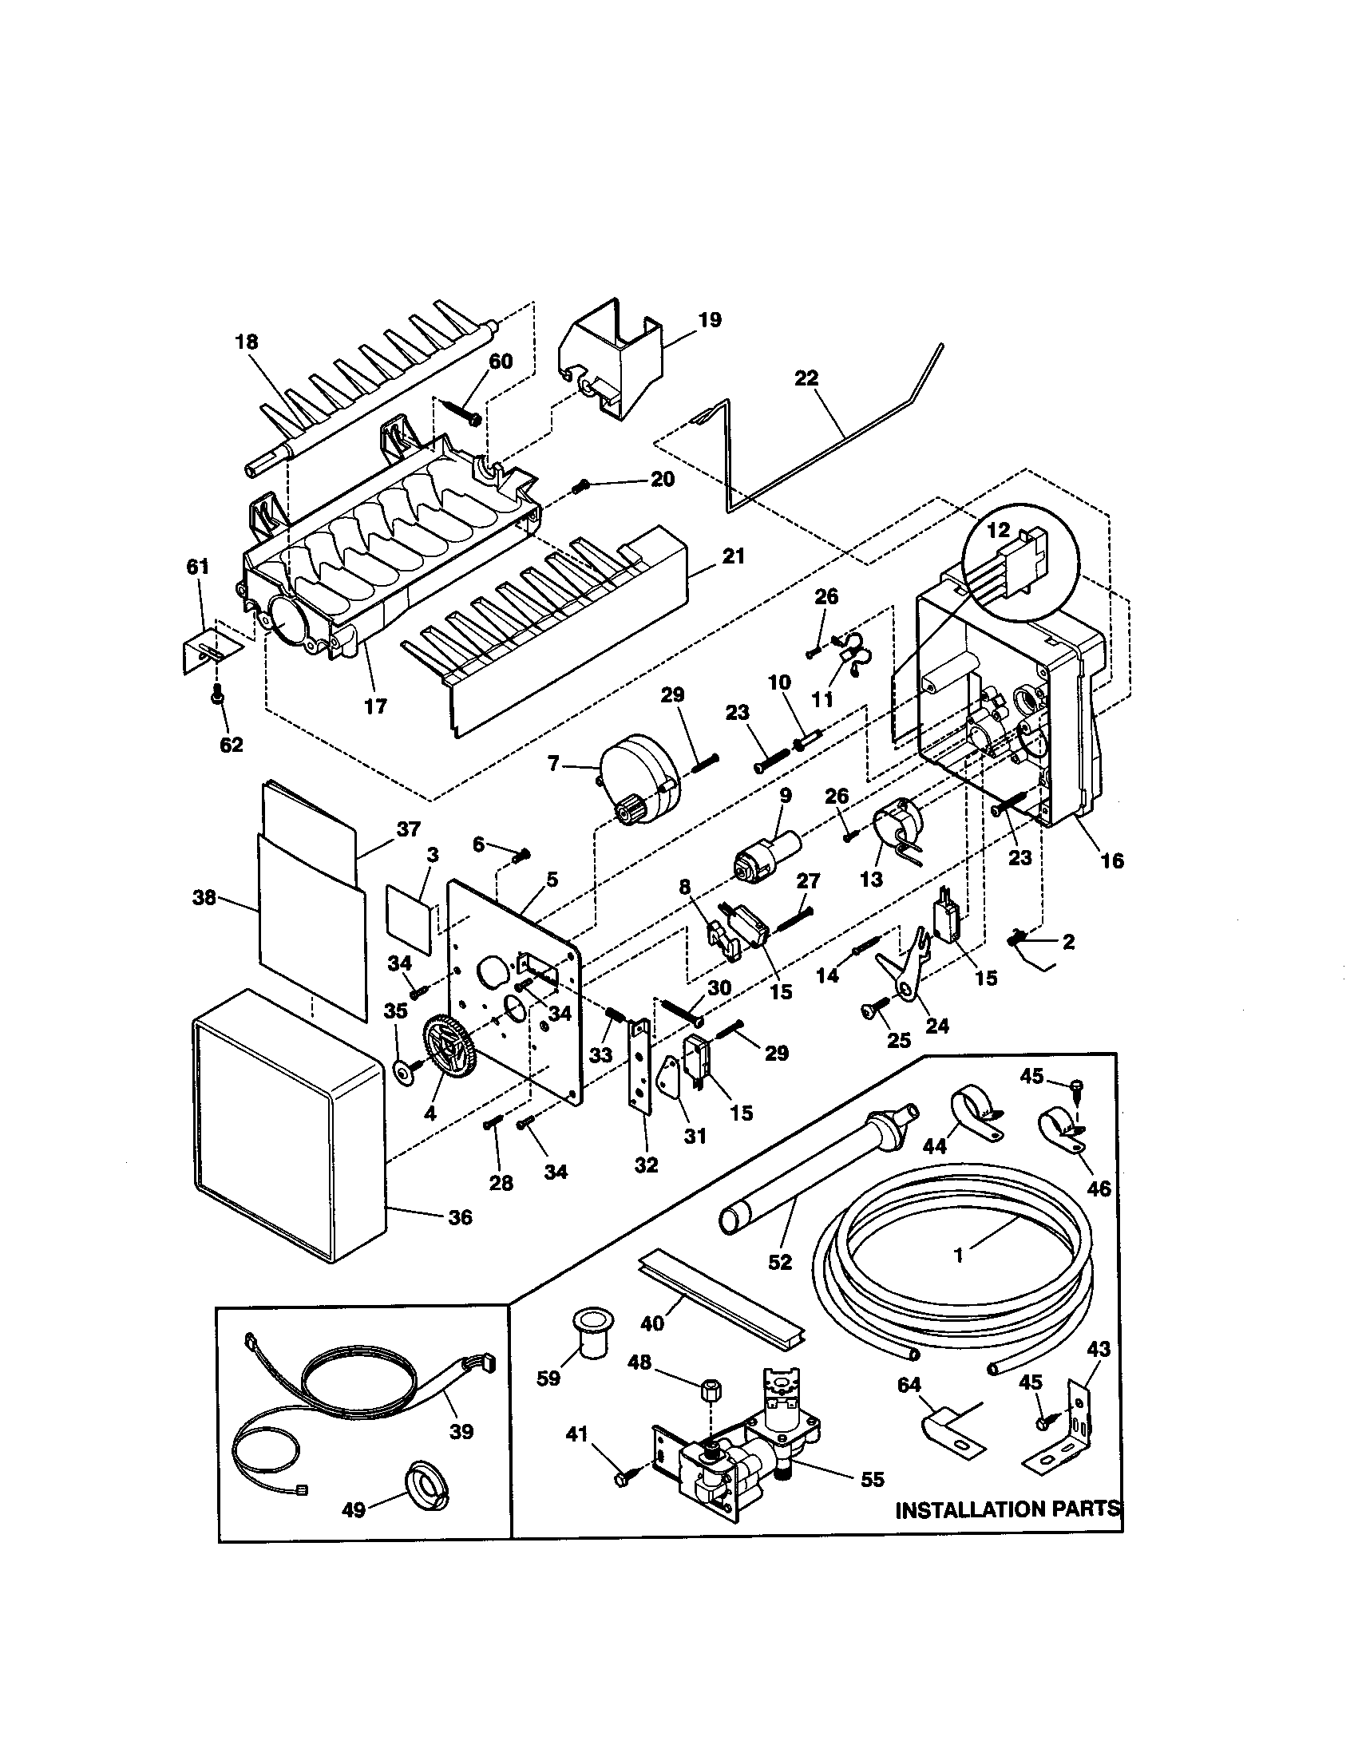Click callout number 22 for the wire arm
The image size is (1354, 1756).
point(806,378)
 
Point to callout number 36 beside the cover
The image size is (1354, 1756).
point(460,1217)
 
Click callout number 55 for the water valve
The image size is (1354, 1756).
point(872,1478)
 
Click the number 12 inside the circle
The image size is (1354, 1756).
point(998,531)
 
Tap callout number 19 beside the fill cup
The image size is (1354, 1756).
point(709,320)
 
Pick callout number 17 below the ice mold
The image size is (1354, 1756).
point(375,706)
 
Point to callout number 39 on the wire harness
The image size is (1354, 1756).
point(461,1431)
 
